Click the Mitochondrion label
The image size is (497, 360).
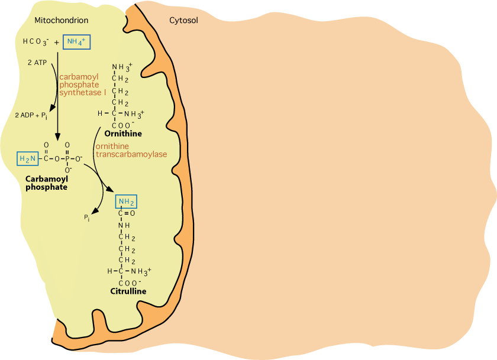62,21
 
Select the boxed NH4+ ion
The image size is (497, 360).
76,42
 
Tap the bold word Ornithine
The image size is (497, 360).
123,133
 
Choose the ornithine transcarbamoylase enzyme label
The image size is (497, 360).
130,150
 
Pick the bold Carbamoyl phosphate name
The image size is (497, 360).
46,182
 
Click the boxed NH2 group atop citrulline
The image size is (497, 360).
127,202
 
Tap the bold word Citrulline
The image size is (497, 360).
128,291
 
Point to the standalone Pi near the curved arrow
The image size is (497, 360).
87,218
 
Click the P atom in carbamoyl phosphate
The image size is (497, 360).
67,158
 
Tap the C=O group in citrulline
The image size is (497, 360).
127,213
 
